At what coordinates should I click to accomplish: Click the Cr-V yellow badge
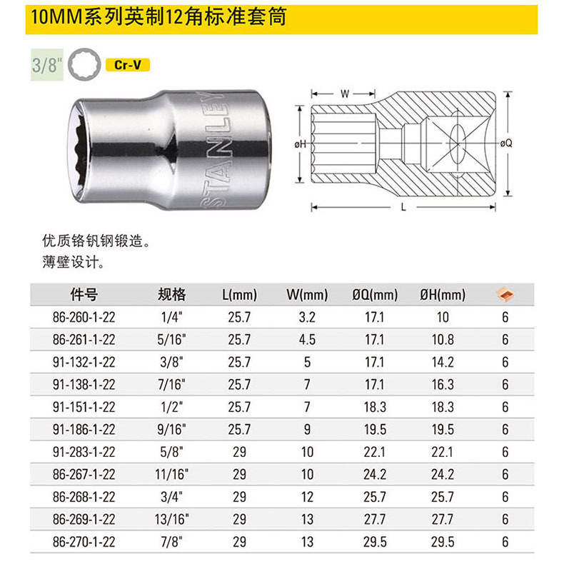pos(127,65)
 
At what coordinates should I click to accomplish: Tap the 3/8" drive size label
pos(47,65)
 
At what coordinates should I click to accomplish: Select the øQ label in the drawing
pos(506,143)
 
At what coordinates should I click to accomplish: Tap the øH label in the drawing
pos(301,144)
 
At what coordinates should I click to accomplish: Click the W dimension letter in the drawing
pos(345,94)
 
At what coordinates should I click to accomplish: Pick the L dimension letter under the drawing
pos(403,207)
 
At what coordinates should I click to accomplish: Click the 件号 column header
pos(84,295)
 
